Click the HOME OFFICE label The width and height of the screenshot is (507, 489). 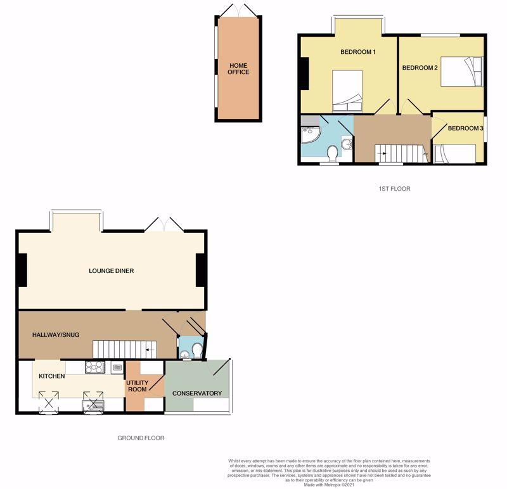click(239, 68)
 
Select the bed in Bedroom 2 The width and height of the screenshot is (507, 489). click(461, 71)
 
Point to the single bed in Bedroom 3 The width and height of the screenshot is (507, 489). click(455, 153)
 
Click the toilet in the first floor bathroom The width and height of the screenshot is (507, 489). click(331, 154)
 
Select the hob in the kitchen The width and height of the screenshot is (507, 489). click(95, 366)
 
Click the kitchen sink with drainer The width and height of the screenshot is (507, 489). click(92, 401)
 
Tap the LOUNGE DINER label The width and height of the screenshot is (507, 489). click(111, 271)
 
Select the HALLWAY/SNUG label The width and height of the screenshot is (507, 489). click(56, 334)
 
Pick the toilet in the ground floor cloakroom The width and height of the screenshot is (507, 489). click(195, 350)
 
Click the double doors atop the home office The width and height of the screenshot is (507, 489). click(238, 11)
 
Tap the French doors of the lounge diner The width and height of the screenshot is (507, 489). click(164, 223)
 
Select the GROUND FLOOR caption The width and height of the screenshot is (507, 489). click(141, 438)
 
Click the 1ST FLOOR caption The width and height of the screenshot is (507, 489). click(395, 189)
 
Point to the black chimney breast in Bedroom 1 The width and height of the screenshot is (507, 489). click(304, 73)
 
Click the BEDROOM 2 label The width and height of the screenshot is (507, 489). click(420, 68)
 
